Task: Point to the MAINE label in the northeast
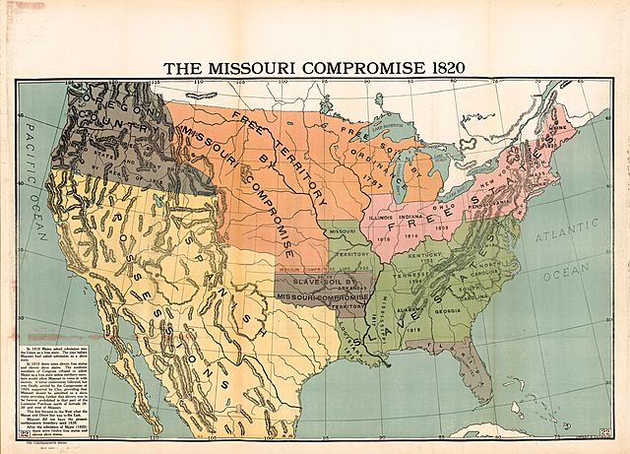click(563, 126)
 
